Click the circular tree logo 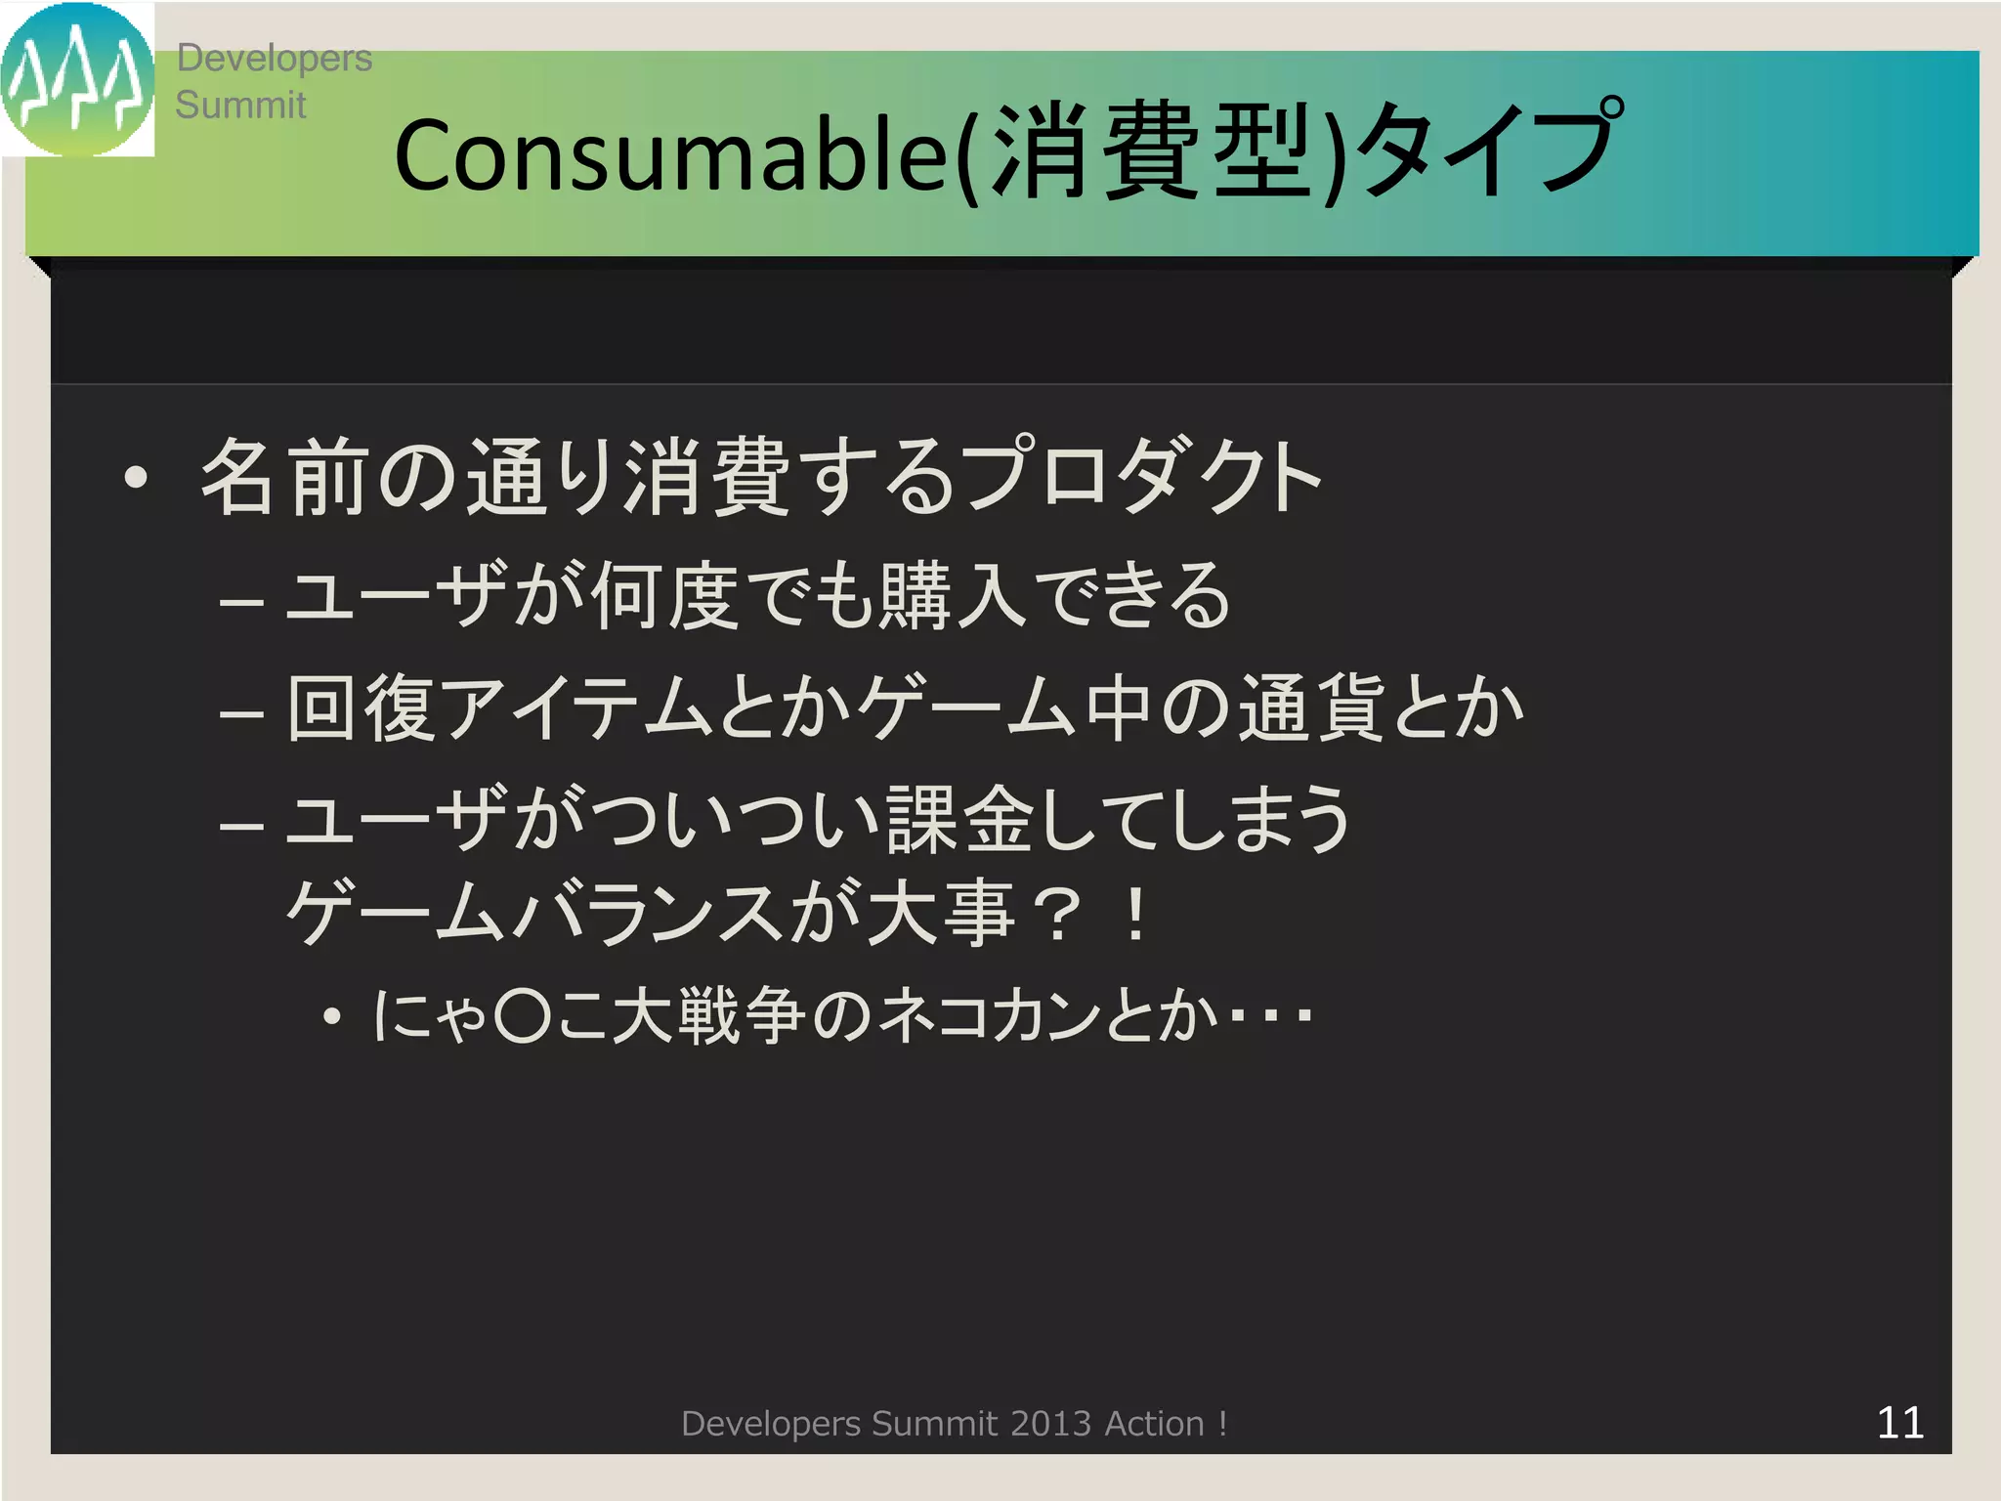pyautogui.click(x=77, y=79)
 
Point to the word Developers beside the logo pyautogui.click(x=274, y=59)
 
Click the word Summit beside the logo pyautogui.click(x=240, y=105)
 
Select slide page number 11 pyautogui.click(x=1899, y=1423)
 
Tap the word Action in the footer pyautogui.click(x=1153, y=1424)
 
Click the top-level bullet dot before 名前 pyautogui.click(x=136, y=478)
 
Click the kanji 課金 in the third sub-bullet pyautogui.click(x=959, y=819)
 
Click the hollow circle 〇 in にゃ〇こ pyautogui.click(x=524, y=1016)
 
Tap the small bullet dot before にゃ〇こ pyautogui.click(x=332, y=1017)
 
